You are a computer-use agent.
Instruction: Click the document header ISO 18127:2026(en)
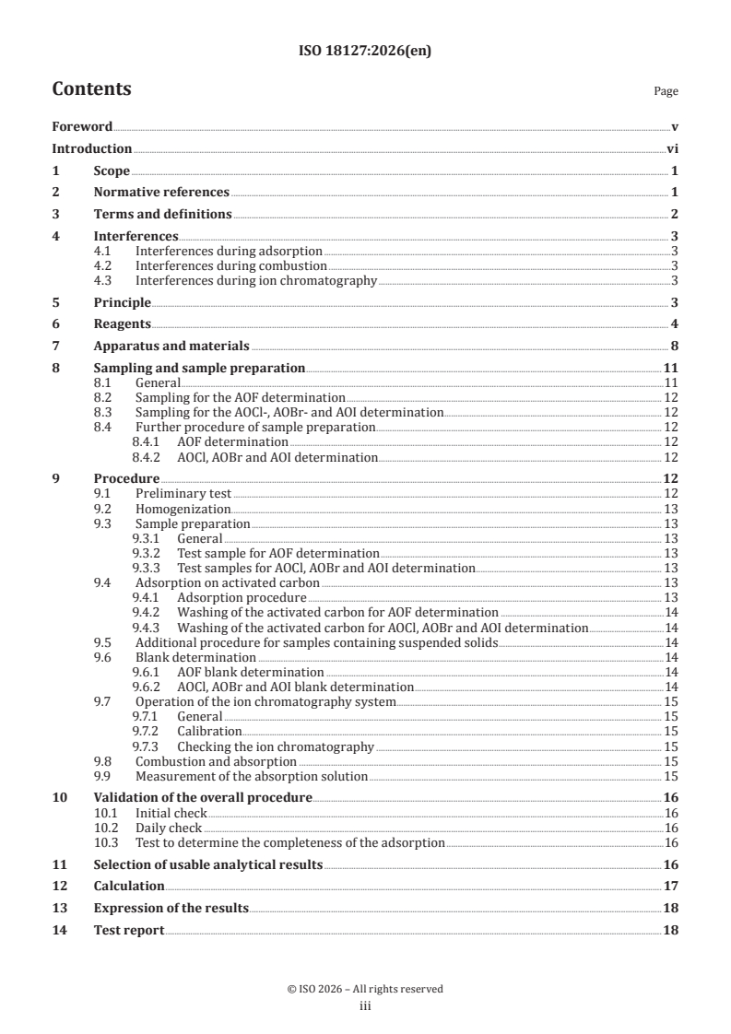[365, 52]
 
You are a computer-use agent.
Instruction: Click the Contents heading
[91, 89]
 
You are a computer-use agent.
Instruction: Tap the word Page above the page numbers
[666, 91]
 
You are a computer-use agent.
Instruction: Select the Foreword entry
[82, 127]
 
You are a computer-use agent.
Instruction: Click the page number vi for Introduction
[672, 149]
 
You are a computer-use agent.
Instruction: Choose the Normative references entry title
[161, 193]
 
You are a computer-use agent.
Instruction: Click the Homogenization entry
[183, 509]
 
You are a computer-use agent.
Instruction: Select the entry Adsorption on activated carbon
[228, 582]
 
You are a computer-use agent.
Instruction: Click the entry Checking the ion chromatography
[276, 746]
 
